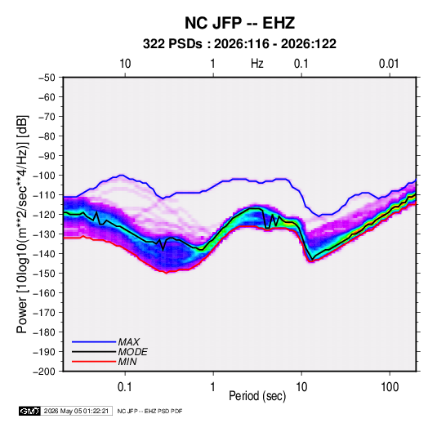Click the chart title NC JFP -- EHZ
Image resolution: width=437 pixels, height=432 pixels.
tap(239, 23)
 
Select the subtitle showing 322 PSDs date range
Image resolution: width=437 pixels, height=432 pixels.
tap(239, 44)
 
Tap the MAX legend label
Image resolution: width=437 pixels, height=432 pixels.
tap(129, 342)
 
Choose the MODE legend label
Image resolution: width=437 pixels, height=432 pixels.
tap(132, 352)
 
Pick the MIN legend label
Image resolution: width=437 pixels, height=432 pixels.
tap(127, 362)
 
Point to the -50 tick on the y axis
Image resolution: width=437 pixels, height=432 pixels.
tap(47, 78)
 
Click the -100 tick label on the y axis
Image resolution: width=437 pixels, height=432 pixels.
tap(44, 176)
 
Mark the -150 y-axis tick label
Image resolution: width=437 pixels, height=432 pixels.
tap(44, 274)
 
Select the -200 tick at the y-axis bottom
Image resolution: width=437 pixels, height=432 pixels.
tap(44, 372)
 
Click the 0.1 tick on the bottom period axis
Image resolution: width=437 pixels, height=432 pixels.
tap(125, 387)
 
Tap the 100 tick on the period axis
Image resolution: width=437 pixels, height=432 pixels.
tap(390, 387)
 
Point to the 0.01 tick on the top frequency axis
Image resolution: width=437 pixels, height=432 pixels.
tap(389, 64)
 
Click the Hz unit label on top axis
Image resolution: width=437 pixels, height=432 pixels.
tap(257, 64)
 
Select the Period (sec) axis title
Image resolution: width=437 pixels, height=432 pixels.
tap(257, 396)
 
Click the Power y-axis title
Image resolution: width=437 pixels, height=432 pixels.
tap(22, 225)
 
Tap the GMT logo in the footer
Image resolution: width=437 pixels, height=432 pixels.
tap(30, 411)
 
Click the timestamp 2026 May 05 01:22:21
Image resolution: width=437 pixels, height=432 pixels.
tap(76, 411)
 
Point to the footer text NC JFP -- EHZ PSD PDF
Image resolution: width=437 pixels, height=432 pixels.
tap(150, 411)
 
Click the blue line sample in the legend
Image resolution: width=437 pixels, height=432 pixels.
tap(94, 342)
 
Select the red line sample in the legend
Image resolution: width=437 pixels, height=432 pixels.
tap(94, 362)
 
